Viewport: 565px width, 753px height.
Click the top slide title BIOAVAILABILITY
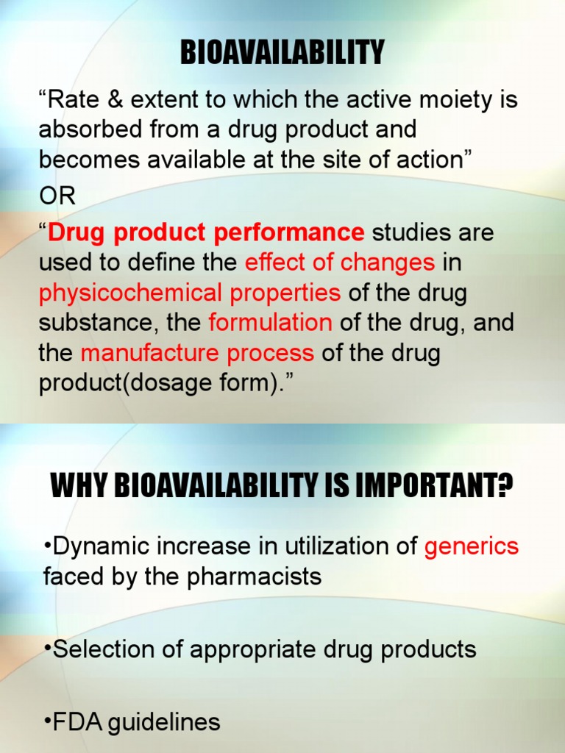tap(282, 53)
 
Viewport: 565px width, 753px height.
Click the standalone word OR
tap(57, 197)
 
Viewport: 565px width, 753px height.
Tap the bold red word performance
tap(288, 233)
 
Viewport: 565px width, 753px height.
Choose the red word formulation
tap(270, 323)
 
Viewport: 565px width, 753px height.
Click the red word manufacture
tap(141, 353)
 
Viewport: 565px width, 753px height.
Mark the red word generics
tap(472, 546)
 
